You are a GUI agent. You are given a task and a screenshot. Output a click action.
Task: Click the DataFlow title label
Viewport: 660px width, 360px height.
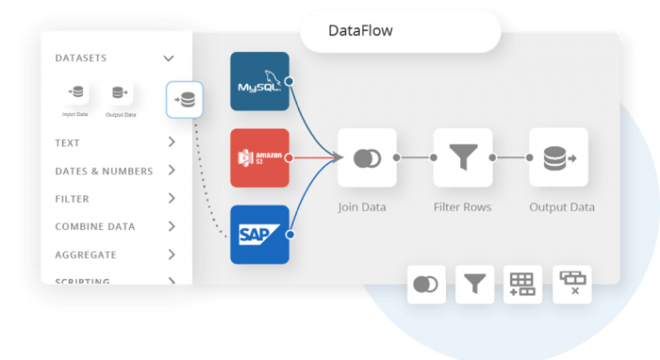pos(360,31)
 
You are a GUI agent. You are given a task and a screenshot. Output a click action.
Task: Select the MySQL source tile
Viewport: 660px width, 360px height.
pos(259,81)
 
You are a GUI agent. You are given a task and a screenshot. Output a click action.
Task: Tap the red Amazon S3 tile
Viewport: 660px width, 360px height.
pos(259,157)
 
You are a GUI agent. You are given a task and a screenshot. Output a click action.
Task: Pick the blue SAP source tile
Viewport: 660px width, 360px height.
pos(259,234)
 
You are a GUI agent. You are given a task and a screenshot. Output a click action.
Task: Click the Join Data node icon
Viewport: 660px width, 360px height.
pos(367,157)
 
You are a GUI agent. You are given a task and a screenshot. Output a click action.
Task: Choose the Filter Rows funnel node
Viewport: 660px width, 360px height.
pos(463,157)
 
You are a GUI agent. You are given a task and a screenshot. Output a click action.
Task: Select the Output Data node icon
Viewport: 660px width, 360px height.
pos(558,157)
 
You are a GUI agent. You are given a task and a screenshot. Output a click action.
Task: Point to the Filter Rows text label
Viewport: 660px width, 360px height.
pos(463,206)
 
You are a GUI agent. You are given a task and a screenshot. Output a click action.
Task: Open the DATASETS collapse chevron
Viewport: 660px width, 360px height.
pos(169,58)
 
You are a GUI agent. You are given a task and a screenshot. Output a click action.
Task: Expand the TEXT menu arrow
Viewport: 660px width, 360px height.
pos(172,143)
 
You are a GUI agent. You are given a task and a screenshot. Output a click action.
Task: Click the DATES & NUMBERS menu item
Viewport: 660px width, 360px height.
pos(104,172)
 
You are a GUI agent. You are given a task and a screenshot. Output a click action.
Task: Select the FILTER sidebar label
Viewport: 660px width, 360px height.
pos(74,199)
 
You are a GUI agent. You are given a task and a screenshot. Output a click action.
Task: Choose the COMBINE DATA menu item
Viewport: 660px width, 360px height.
pos(94,227)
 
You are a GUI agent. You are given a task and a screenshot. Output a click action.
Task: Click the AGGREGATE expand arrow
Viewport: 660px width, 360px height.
pos(172,254)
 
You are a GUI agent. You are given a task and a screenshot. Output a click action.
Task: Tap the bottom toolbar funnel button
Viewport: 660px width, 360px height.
pos(474,284)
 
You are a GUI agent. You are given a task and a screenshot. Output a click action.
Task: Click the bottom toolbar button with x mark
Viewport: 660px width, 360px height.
pos(572,284)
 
